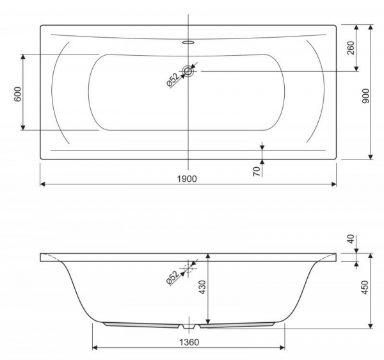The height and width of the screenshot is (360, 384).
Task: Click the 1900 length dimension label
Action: point(187,179)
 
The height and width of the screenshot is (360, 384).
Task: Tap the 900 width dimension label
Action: point(365,96)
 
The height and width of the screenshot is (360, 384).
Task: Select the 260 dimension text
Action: point(351,48)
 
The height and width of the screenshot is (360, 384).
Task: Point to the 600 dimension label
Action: point(18,94)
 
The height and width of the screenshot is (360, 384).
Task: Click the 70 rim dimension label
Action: point(257,171)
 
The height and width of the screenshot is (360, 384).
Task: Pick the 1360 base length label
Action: point(189,342)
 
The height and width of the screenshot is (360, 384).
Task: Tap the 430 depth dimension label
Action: point(203,287)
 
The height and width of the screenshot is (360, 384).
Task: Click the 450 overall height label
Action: point(365,288)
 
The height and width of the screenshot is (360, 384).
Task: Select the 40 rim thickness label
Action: point(351,239)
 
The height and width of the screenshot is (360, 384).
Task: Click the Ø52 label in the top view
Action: point(173,80)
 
